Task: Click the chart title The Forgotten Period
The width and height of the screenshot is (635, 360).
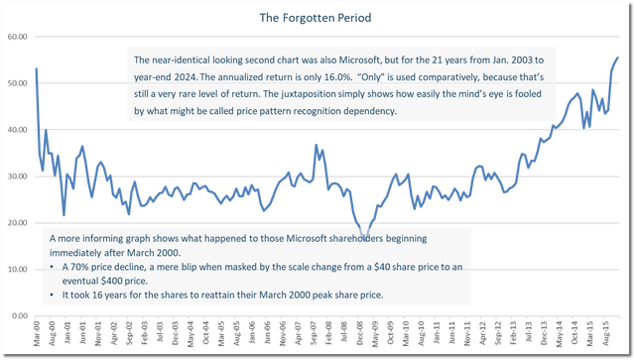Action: click(317, 18)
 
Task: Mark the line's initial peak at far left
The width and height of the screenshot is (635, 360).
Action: click(37, 67)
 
